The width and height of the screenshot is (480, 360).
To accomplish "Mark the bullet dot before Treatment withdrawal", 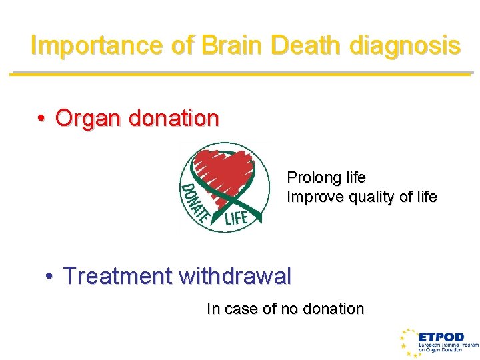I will (50, 276).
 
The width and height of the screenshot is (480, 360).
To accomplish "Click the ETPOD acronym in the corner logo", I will (441, 337).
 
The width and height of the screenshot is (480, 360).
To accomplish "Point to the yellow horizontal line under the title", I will (240, 73).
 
